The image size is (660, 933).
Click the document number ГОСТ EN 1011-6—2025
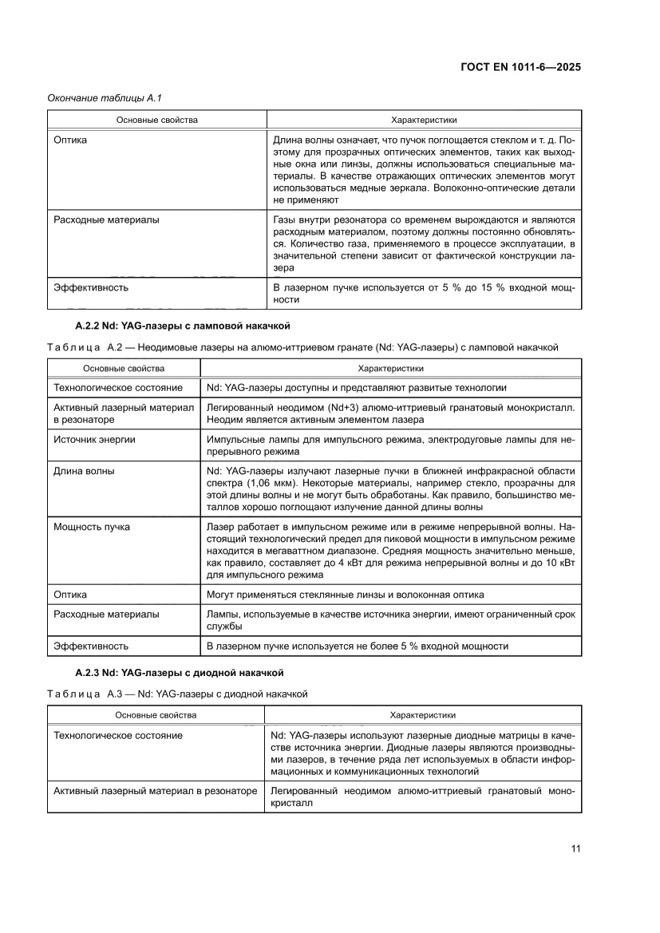point(520,67)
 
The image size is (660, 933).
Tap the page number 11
point(575,848)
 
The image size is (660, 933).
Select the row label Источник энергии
point(94,439)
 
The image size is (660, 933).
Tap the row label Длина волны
point(84,471)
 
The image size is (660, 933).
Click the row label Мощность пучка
point(92,527)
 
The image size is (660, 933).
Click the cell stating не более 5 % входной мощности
point(357,646)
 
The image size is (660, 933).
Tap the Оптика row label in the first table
point(70,140)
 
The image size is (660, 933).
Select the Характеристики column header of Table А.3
point(422,715)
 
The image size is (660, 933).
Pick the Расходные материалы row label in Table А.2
point(105,615)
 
